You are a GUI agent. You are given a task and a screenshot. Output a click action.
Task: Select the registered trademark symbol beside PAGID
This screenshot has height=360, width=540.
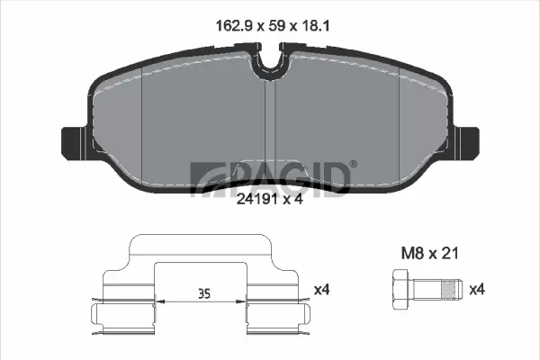coord(353,163)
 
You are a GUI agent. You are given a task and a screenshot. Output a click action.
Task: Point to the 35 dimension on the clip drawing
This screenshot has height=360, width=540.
coord(203,292)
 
